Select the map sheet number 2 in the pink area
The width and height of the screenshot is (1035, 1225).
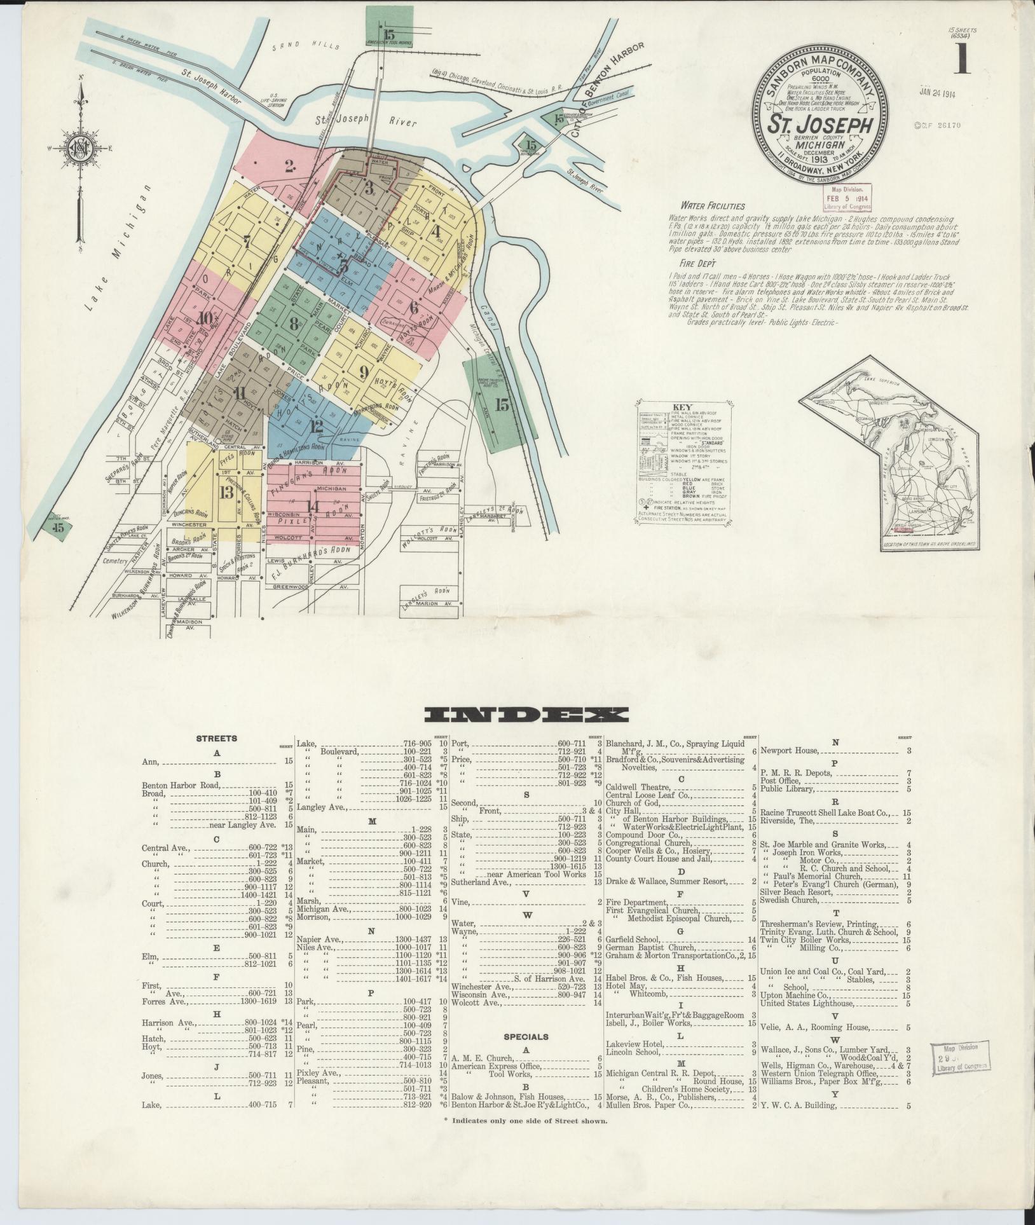tap(290, 167)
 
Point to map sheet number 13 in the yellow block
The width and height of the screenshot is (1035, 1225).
tap(225, 493)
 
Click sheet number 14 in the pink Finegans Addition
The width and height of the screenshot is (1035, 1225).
tap(313, 507)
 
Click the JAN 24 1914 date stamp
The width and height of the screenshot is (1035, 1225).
tap(938, 94)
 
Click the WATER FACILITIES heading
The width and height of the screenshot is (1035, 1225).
tap(713, 206)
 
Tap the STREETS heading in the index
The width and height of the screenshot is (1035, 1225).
tap(216, 739)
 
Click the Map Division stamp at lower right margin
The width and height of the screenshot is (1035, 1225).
tap(961, 1059)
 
